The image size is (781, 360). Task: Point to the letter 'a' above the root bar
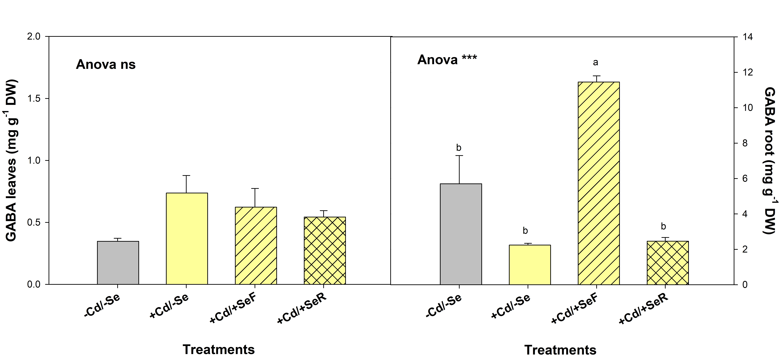coord(595,62)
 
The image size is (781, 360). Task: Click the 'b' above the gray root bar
coord(459,148)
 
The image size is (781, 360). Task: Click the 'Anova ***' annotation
coord(447,60)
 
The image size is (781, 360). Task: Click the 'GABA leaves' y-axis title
coord(11,161)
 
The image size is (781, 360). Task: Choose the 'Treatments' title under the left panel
coord(219,349)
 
